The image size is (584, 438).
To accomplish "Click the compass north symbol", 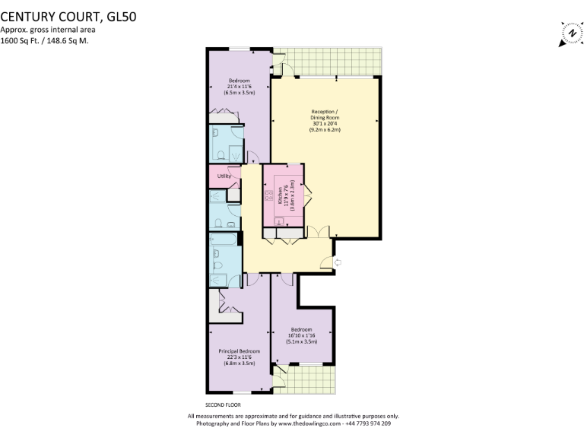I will coord(570,34).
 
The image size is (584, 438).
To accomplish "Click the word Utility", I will coord(224,176).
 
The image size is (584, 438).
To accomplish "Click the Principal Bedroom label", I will coord(240,351).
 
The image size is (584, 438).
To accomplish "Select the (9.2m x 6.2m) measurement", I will coord(325,130).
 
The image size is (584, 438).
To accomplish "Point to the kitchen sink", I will coord(279,221).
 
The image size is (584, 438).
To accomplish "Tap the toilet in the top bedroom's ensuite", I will coord(220,155).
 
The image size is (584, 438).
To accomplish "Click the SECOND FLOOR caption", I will coord(223,405).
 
